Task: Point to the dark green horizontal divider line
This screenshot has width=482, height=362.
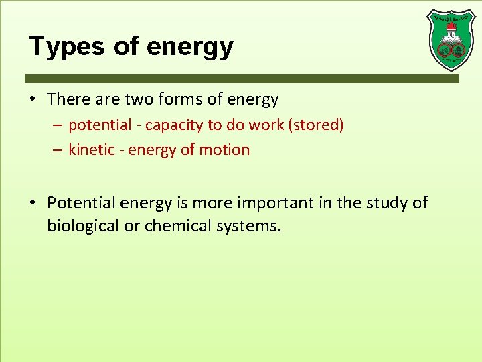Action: point(242,78)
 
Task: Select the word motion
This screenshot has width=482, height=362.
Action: point(228,149)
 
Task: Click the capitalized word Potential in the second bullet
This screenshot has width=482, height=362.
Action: point(84,202)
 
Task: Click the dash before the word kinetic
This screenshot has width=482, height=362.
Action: point(58,149)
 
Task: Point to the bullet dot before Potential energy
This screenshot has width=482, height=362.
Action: point(33,202)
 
